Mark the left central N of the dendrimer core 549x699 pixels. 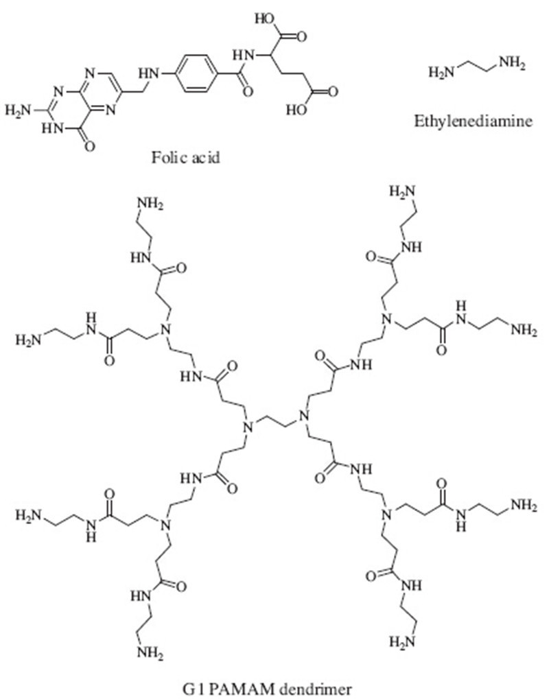pyautogui.click(x=249, y=427)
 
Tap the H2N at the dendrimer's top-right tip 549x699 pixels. pyautogui.click(x=402, y=191)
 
